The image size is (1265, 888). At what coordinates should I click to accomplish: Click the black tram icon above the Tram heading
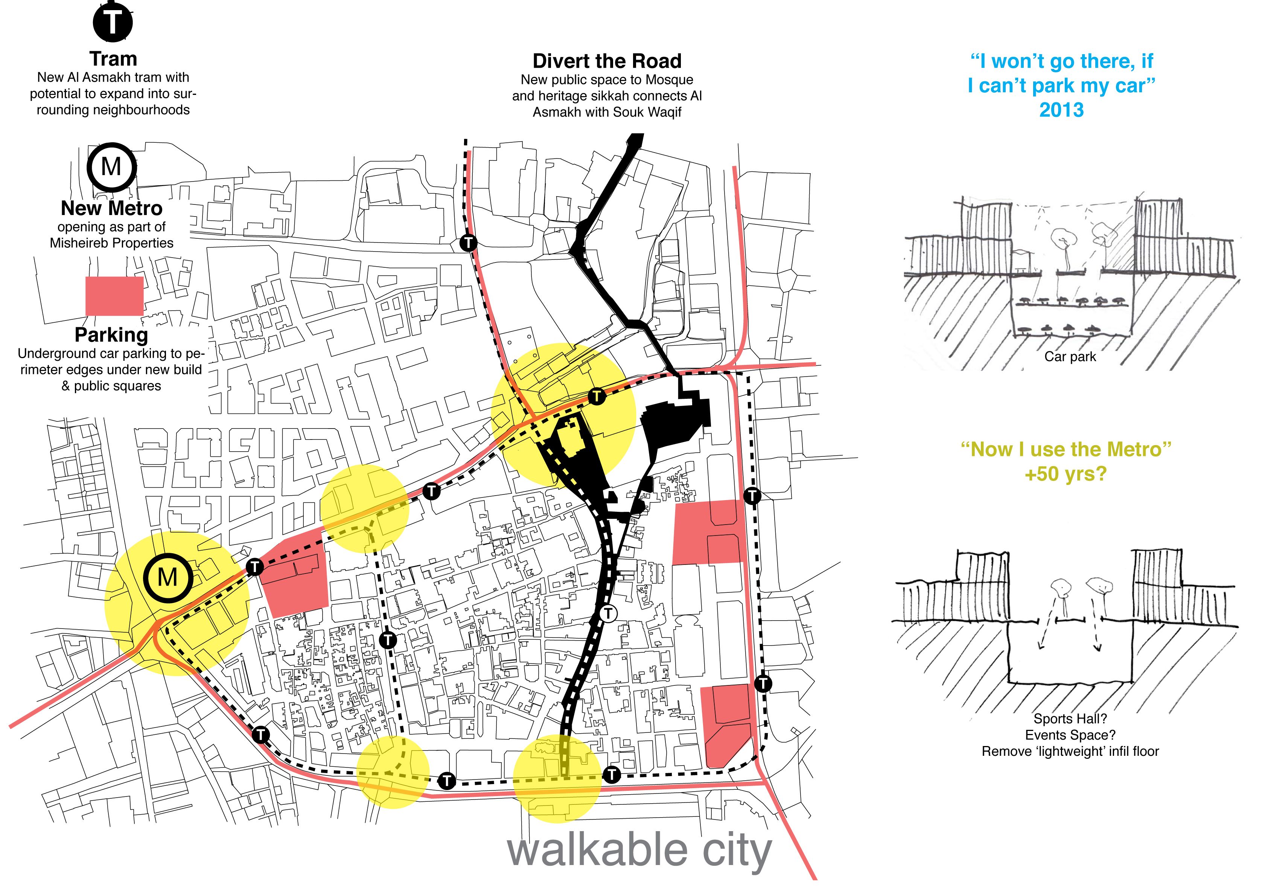[113, 22]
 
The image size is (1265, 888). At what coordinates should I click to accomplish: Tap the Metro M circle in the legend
[112, 166]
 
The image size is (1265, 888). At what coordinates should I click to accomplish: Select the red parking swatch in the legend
[114, 296]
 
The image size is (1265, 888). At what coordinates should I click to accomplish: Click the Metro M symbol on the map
[167, 577]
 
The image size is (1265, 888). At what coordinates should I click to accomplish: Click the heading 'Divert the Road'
[607, 61]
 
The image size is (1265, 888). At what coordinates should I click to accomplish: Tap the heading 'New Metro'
[111, 208]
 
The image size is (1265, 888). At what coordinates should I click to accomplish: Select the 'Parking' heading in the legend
[111, 334]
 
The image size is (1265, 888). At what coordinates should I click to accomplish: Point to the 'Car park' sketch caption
[1070, 357]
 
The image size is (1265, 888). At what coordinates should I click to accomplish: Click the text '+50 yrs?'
[1066, 473]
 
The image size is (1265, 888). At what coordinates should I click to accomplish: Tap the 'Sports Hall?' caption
[1070, 719]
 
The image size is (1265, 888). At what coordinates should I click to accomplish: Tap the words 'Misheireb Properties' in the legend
[111, 243]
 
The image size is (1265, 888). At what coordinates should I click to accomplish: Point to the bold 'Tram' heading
[113, 59]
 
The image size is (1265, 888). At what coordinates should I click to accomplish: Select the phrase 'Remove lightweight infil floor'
[1070, 751]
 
